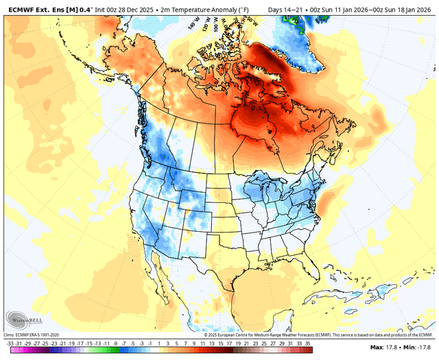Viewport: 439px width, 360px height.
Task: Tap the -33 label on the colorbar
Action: [10, 342]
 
